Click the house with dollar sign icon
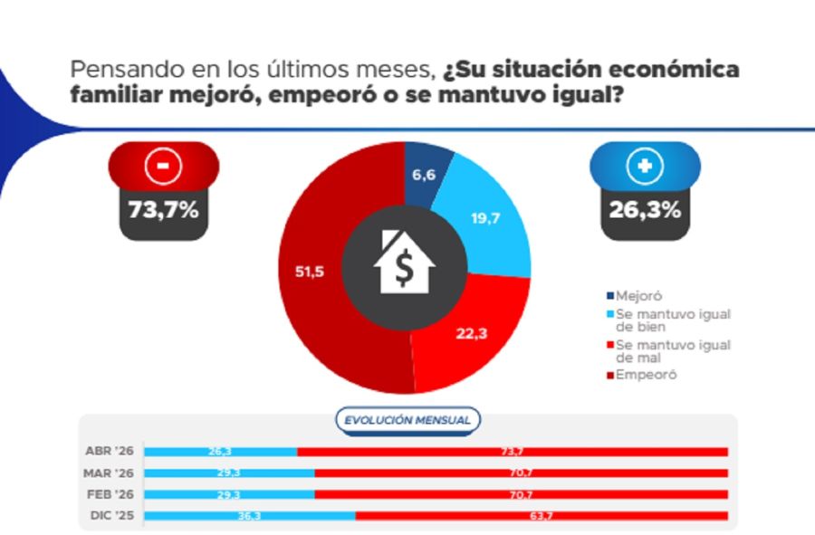pos(405,262)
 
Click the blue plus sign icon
pos(645,166)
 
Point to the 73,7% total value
pos(164,211)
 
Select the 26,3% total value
pos(645,211)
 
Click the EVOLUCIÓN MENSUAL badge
pos(407,420)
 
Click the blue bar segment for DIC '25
pos(250,515)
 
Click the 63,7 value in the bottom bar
pos(541,515)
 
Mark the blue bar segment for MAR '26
pos(229,473)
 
